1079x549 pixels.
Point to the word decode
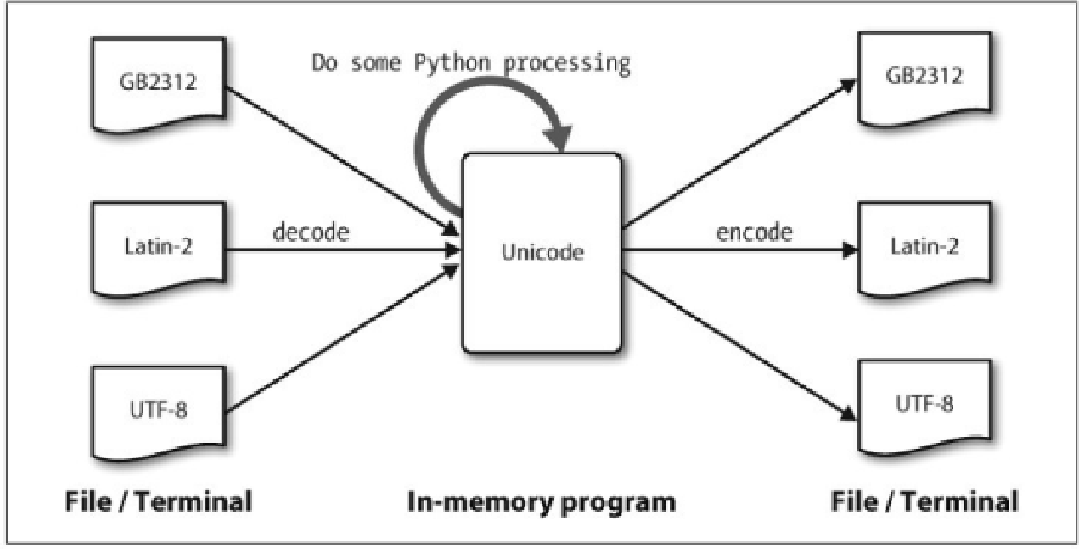click(311, 232)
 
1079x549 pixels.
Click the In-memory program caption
click(539, 501)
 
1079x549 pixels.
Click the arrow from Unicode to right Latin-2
click(739, 251)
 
